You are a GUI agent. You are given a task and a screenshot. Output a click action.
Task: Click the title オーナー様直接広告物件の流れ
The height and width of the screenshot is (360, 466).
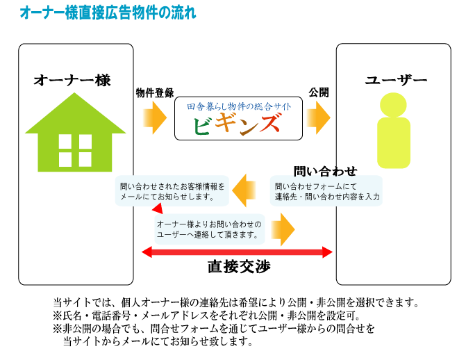pyautogui.click(x=108, y=12)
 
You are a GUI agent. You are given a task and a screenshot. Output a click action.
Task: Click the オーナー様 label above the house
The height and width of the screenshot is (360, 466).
pyautogui.click(x=72, y=80)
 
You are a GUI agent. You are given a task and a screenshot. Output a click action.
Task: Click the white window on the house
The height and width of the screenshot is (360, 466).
pyautogui.click(x=75, y=150)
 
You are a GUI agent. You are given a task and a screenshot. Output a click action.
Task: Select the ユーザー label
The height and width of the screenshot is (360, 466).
pyautogui.click(x=397, y=81)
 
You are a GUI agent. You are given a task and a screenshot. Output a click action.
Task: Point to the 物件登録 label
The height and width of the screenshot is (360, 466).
pyautogui.click(x=155, y=92)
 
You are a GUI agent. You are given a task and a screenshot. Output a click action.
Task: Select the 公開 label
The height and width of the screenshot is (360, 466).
pyautogui.click(x=319, y=92)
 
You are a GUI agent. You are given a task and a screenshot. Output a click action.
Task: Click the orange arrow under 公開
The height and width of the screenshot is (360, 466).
pyautogui.click(x=319, y=117)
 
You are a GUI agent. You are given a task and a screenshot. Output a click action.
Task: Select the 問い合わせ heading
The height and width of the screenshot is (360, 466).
pyautogui.click(x=325, y=171)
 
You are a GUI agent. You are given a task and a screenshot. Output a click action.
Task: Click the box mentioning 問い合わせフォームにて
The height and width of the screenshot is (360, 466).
pyautogui.click(x=326, y=192)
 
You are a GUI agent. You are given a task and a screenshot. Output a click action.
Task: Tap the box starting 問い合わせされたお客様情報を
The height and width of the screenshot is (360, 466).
pyautogui.click(x=173, y=192)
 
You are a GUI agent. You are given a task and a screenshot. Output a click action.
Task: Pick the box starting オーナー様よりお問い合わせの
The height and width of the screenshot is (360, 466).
pyautogui.click(x=210, y=229)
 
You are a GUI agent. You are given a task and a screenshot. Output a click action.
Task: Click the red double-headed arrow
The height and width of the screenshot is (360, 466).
pyautogui.click(x=236, y=251)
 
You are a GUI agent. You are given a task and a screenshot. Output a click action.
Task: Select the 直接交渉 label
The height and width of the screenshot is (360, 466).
pyautogui.click(x=239, y=267)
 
